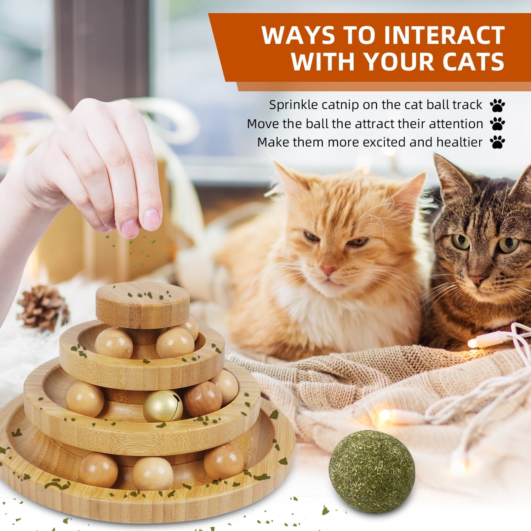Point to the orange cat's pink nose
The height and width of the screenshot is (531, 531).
(x=328, y=270)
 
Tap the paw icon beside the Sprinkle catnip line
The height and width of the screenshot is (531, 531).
(x=497, y=105)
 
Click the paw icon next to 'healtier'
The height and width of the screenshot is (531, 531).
(x=497, y=142)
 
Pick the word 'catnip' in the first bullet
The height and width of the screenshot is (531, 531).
(x=339, y=105)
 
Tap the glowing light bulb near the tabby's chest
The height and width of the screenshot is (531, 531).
(x=474, y=343)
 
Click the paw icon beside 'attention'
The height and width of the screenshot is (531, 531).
(x=497, y=124)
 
